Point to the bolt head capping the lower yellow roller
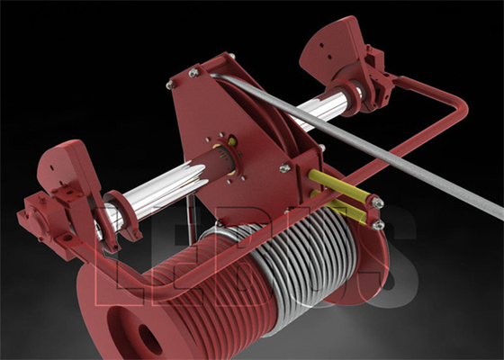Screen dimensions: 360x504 (378, 223)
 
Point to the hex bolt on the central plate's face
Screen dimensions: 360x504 (284, 167)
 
